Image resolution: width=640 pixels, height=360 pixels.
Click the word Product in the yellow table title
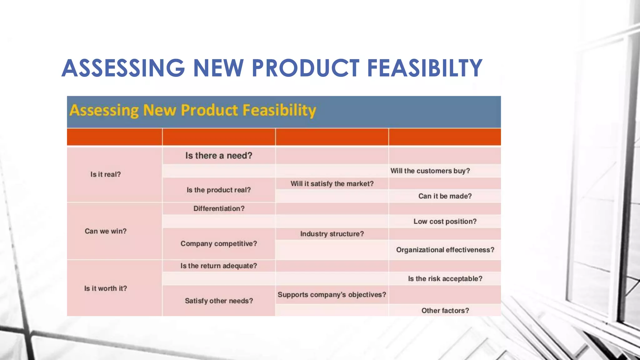209,110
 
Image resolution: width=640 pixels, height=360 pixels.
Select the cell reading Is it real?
106,174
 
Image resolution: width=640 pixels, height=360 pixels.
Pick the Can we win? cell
106,231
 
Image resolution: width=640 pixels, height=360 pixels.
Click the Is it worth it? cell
106,288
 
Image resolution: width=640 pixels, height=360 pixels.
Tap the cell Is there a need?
219,156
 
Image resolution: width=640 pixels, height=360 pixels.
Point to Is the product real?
219,190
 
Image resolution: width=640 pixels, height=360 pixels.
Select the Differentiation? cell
219,208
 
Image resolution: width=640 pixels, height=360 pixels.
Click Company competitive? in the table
219,244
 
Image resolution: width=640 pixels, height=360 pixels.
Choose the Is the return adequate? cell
219,266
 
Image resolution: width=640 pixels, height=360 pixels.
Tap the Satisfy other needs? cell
219,301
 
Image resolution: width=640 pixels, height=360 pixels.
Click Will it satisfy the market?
332,184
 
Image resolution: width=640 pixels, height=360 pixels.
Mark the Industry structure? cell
332,234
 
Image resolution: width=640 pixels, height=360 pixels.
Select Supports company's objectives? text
332,295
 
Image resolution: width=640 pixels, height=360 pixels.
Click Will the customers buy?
430,171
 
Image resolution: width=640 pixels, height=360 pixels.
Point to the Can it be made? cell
445,196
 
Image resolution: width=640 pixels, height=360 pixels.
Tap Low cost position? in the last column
445,222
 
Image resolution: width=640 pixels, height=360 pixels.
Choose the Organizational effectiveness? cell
445,250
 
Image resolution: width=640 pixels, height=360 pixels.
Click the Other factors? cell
445,311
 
